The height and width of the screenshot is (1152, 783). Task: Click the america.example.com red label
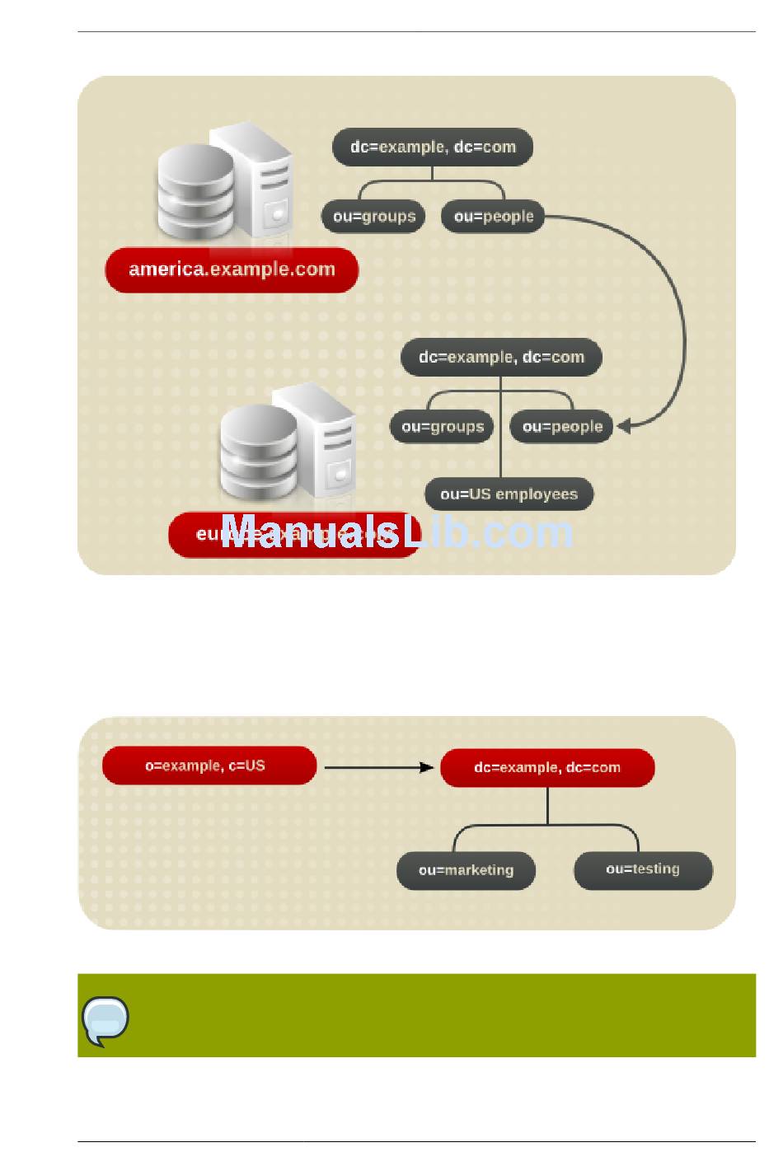click(x=232, y=269)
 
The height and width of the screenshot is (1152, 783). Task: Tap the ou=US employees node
click(x=509, y=494)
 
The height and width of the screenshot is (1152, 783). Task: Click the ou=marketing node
click(x=466, y=870)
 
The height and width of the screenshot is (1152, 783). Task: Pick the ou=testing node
click(x=643, y=869)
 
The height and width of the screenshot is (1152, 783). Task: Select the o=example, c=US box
click(x=209, y=766)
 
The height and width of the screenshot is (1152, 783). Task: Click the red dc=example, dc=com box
click(x=547, y=767)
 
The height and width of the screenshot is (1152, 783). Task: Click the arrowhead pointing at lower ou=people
click(x=623, y=426)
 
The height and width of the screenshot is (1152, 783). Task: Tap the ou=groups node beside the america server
click(x=373, y=217)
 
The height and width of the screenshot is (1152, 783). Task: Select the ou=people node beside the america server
click(x=493, y=217)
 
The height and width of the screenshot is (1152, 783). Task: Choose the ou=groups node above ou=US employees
click(x=442, y=427)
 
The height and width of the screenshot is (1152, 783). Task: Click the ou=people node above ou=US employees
click(x=562, y=427)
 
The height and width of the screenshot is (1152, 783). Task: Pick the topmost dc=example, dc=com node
click(x=433, y=148)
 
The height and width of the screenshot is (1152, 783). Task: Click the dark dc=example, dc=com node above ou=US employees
click(x=501, y=358)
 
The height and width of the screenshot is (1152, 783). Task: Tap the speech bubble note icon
click(x=105, y=1019)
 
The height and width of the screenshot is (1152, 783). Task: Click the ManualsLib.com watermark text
click(x=396, y=532)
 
